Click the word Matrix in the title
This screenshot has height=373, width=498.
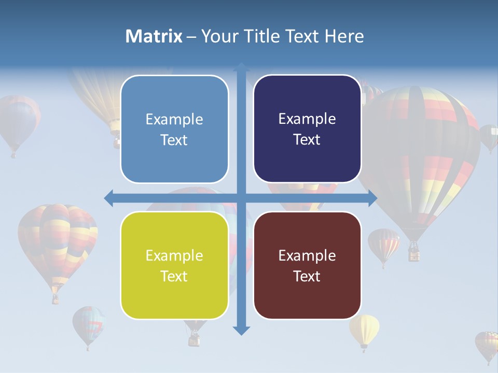click(x=154, y=36)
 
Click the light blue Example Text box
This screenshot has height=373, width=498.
click(x=174, y=130)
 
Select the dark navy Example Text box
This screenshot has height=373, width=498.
click(x=307, y=129)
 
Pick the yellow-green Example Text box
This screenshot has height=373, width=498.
click(x=174, y=265)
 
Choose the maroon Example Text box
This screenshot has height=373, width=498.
click(x=307, y=265)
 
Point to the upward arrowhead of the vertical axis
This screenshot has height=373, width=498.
click(x=241, y=68)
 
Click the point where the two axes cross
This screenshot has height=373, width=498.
click(x=241, y=198)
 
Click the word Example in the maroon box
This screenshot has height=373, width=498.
click(x=307, y=255)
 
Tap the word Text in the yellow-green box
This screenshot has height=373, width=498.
click(x=174, y=276)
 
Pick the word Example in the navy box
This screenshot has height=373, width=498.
click(x=307, y=119)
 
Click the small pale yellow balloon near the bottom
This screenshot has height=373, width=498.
click(x=364, y=329)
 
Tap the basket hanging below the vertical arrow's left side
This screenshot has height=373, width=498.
click(x=194, y=339)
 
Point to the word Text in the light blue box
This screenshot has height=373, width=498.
click(x=174, y=140)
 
